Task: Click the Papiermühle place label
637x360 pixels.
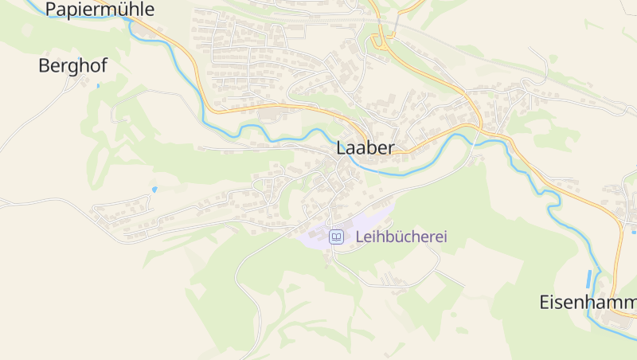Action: pyautogui.click(x=100, y=10)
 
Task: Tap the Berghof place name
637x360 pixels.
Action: pyautogui.click(x=72, y=66)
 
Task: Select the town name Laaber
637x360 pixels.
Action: pyautogui.click(x=365, y=147)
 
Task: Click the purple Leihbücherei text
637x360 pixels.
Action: pyautogui.click(x=401, y=237)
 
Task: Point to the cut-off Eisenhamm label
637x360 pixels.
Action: pyautogui.click(x=588, y=303)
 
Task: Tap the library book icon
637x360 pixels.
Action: pyautogui.click(x=337, y=237)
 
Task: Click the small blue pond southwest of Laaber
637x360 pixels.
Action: pyautogui.click(x=154, y=190)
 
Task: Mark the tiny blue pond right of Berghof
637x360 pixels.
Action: pyautogui.click(x=98, y=85)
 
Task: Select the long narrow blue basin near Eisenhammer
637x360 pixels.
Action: pyautogui.click(x=589, y=279)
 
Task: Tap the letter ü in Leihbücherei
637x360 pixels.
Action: pyautogui.click(x=397, y=237)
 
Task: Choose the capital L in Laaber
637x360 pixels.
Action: pyautogui.click(x=342, y=147)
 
